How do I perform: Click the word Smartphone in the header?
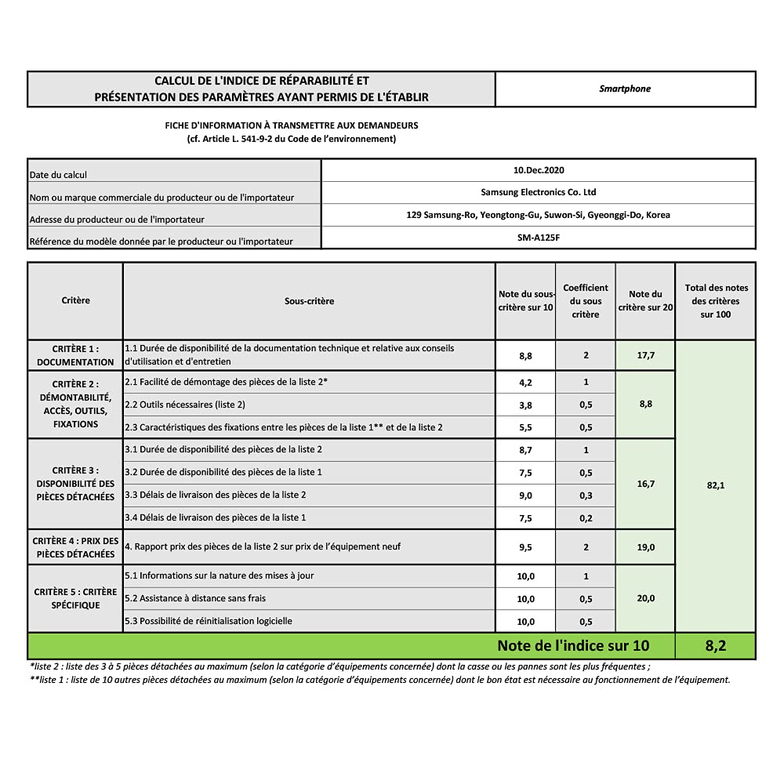(625, 89)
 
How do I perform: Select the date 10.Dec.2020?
(538, 170)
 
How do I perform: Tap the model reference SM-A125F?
(538, 237)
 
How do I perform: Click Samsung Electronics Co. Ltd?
(538, 192)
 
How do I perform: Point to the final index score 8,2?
(714, 646)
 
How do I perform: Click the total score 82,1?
(715, 485)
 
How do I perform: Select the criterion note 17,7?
(645, 355)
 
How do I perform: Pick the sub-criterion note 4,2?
(525, 383)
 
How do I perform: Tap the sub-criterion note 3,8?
(525, 405)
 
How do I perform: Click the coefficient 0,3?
(586, 495)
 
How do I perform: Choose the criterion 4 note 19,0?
(645, 547)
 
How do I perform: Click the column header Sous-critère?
(309, 301)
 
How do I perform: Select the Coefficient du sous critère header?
(586, 301)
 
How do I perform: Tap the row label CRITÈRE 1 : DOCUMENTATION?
(75, 355)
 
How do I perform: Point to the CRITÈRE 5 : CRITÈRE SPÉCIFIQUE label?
(75, 598)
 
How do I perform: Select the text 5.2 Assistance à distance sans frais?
(195, 598)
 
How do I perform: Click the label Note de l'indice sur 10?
(573, 646)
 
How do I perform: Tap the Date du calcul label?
(57, 175)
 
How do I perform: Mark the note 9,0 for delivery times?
(525, 495)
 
